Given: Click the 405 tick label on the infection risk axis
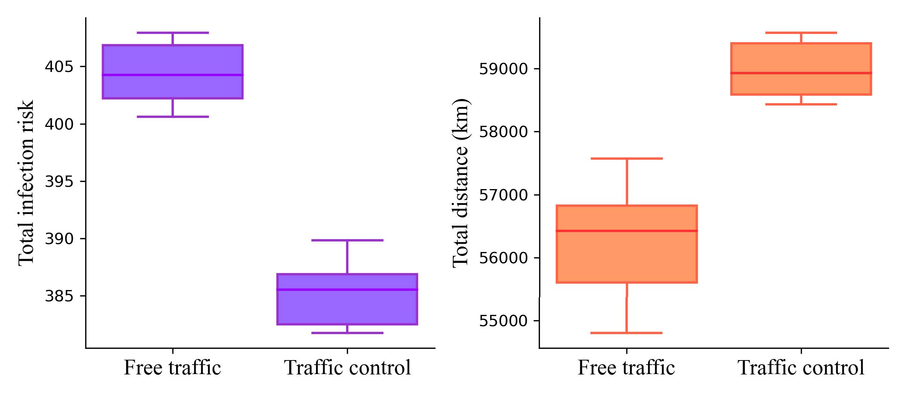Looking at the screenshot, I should click(59, 67).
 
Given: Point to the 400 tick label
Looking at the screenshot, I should click(59, 124).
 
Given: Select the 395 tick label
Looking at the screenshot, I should click(59, 182).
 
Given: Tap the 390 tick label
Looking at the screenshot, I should click(59, 239).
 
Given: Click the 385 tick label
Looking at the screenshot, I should click(59, 296).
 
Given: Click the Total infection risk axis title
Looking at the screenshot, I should click(26, 183).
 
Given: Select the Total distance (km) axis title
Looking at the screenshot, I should click(460, 183).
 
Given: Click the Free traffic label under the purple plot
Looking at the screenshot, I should click(172, 368).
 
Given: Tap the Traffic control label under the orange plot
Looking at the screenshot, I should click(801, 368).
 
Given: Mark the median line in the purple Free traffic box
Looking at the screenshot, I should click(172, 75).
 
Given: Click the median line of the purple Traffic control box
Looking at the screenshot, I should click(347, 290).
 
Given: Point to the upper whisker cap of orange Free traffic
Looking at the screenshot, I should click(626, 159).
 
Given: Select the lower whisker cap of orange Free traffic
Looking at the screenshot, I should click(626, 333).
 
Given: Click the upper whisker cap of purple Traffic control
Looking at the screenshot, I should click(347, 240).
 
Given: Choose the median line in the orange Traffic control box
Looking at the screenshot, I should click(801, 73).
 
